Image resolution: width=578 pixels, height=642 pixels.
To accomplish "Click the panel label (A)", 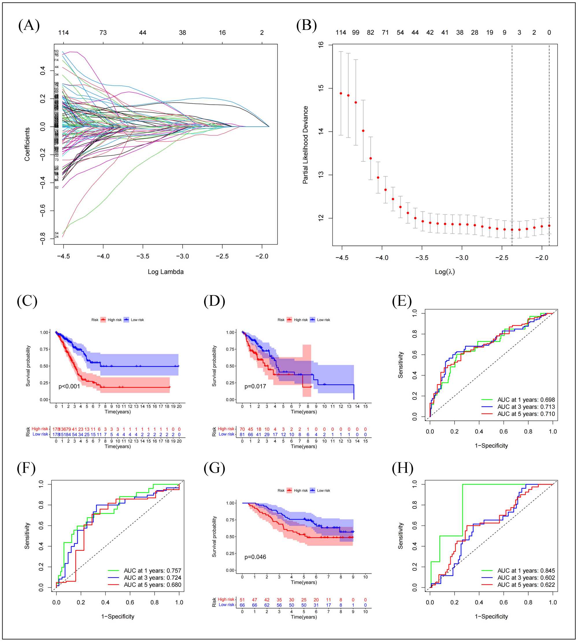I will [x=29, y=25].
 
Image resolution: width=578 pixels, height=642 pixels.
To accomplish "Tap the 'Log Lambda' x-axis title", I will [x=166, y=272].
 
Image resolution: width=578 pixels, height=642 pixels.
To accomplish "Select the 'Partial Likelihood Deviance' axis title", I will [x=305, y=145].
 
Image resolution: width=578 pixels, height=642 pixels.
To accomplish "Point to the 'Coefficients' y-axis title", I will [x=27, y=144].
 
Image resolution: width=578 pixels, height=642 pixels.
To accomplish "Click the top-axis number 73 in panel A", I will [x=103, y=32].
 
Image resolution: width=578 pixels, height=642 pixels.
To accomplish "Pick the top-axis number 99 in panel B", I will [x=355, y=32].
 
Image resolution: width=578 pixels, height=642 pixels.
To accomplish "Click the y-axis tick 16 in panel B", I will [x=321, y=45].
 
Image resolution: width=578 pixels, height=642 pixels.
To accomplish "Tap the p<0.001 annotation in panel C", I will [x=69, y=386].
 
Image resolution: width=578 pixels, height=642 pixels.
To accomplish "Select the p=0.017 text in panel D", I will [x=255, y=386].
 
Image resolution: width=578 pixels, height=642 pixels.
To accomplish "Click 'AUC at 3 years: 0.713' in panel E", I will [x=526, y=407].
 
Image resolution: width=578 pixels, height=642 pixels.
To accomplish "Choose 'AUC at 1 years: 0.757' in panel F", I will [x=152, y=571].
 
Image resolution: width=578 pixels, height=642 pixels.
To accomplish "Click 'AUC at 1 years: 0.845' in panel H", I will [x=526, y=571].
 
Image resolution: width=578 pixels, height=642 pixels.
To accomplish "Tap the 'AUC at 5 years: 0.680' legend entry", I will [x=152, y=584].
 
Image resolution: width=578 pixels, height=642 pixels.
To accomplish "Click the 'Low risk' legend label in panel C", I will [x=137, y=320].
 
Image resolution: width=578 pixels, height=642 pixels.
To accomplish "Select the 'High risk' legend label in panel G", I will [x=301, y=490].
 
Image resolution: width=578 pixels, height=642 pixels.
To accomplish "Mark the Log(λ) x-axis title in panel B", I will [x=444, y=272].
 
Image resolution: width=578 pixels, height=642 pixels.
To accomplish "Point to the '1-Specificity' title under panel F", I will [x=118, y=616].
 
